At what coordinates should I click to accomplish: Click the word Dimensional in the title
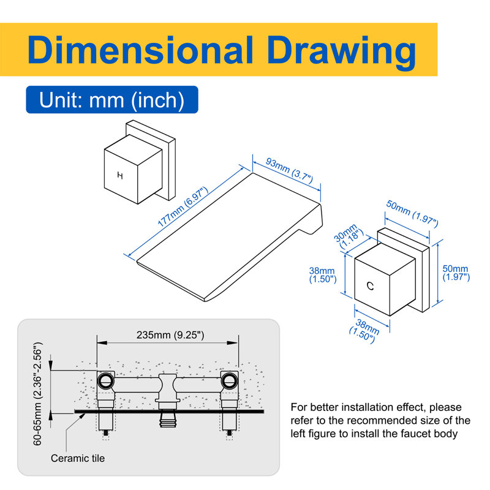point(140,50)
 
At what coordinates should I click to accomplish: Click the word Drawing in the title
point(342,52)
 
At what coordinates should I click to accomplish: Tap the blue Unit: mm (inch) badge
point(112,100)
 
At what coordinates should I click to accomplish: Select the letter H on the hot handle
point(120,176)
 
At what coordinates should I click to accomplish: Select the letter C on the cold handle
point(371,286)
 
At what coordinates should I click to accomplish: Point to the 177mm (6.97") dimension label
point(183,207)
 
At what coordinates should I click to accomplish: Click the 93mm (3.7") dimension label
point(289,171)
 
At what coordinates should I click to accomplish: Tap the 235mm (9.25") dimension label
point(170,335)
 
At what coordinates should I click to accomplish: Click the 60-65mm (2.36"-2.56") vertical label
point(37,394)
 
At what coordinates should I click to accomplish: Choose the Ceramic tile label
point(78,458)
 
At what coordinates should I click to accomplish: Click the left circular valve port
point(106,380)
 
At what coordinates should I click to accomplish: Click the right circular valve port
point(230,380)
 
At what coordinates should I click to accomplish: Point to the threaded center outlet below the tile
point(168,420)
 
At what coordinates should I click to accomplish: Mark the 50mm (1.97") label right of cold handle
point(456,273)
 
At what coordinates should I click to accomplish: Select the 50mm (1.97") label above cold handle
point(412,214)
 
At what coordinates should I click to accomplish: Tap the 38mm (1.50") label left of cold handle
point(323,275)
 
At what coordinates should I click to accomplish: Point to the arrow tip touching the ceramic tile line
point(85,414)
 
